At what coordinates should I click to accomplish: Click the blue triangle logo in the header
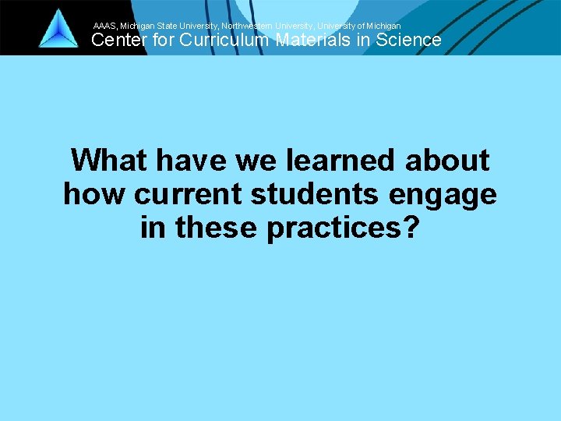pos(58,30)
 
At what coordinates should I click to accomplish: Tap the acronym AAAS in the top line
pos(104,26)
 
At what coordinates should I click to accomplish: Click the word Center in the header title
pos(118,41)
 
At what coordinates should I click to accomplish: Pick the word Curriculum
pos(226,41)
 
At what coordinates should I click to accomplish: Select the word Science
pos(408,41)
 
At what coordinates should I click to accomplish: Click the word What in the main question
pos(109,161)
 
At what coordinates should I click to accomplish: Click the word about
pos(447,161)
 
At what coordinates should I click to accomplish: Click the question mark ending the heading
pos(411,228)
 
